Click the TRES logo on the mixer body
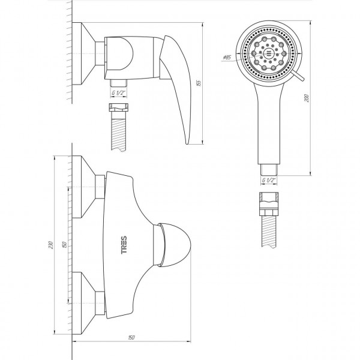coord(124,245)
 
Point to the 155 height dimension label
coord(199,83)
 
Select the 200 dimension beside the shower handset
coord(307,98)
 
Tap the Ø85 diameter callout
coord(227,58)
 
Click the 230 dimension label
coord(51,245)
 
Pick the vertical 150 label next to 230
coord(65,245)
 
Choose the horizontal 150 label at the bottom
coord(131,337)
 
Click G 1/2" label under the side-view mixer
coord(118,93)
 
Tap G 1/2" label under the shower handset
coord(269,180)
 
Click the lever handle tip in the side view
coord(187,143)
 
